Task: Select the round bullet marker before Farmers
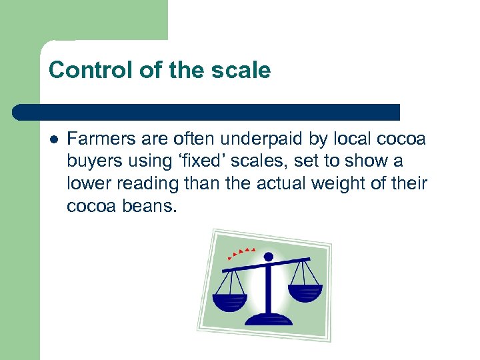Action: pyautogui.click(x=53, y=139)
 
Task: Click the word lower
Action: pyautogui.click(x=86, y=184)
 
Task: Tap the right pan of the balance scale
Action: pyautogui.click(x=305, y=292)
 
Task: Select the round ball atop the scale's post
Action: pyautogui.click(x=268, y=256)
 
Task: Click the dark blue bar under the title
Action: pyautogui.click(x=207, y=112)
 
